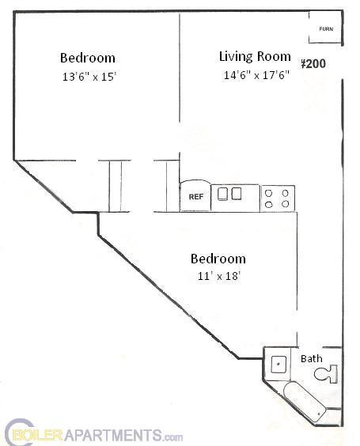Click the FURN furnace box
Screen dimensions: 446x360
coord(325,29)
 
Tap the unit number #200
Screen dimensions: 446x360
coord(313,64)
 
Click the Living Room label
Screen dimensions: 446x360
coord(254,56)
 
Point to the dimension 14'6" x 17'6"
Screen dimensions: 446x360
coord(256,75)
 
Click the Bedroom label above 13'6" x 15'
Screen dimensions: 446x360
coord(88,58)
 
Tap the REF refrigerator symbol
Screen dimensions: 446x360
coord(195,196)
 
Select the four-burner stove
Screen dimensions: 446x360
coord(278,198)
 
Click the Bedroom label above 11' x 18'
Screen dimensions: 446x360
coord(218,259)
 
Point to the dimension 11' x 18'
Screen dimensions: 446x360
coord(218,276)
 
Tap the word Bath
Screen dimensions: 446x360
coord(312,358)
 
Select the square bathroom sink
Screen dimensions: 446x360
coord(279,365)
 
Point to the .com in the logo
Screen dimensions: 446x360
coord(174,436)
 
